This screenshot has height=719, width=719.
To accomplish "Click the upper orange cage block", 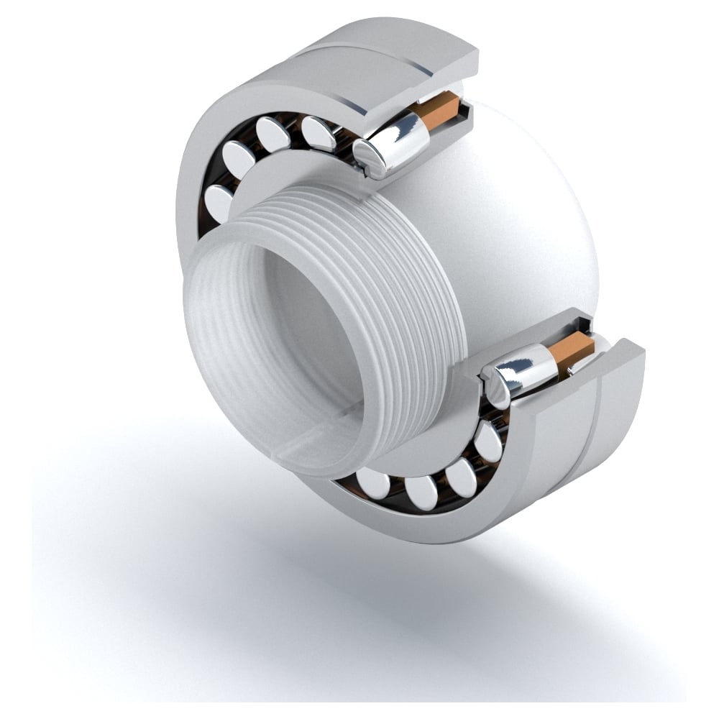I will (x=440, y=109).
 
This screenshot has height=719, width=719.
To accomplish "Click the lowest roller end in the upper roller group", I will (x=218, y=201).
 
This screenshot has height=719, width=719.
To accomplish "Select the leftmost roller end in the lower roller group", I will (x=372, y=482).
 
